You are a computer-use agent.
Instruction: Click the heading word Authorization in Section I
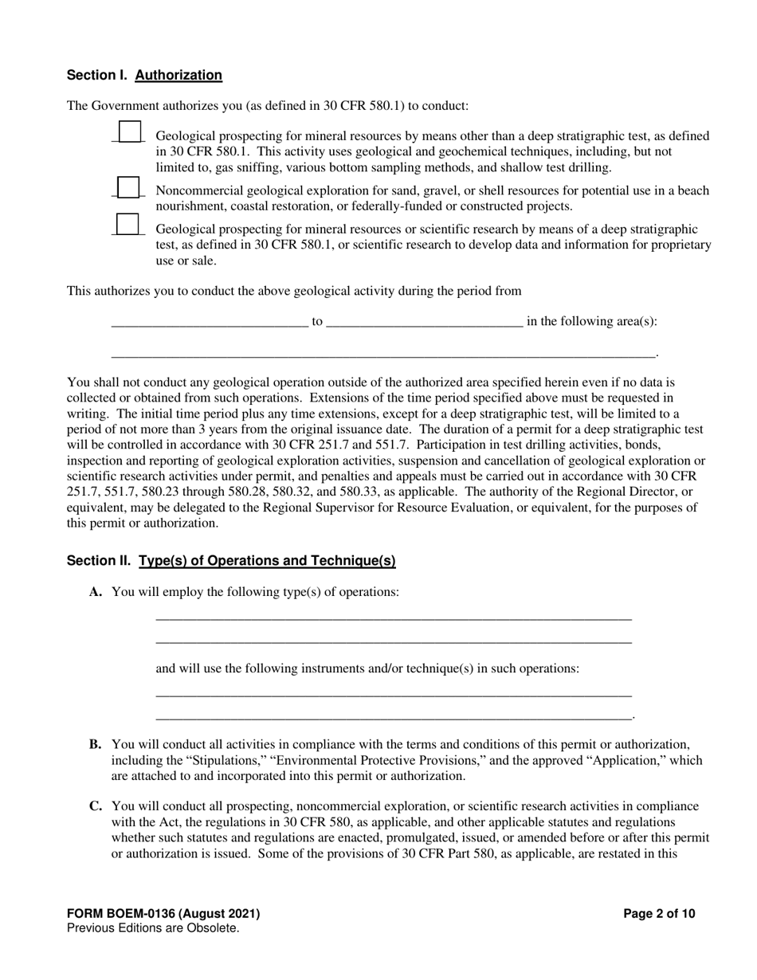178,76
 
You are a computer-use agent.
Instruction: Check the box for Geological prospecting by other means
129,131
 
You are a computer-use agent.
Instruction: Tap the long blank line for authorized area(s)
382,352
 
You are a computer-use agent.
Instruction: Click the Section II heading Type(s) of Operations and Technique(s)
267,561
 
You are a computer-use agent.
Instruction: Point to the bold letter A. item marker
96,592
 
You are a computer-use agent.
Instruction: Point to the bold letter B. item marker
96,744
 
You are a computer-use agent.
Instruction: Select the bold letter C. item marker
96,806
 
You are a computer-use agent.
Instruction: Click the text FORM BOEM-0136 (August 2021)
163,914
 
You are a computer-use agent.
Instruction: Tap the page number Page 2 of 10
659,914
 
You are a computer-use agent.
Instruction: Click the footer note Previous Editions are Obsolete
153,928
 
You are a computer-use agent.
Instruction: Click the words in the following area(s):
592,321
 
